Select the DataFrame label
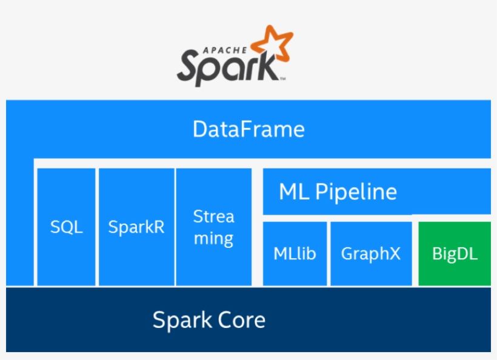pyautogui.click(x=248, y=130)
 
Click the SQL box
pyautogui.click(x=66, y=227)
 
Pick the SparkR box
pyautogui.click(x=136, y=227)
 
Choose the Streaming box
pyautogui.click(x=213, y=227)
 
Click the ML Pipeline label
pyautogui.click(x=338, y=192)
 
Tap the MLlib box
pyautogui.click(x=295, y=253)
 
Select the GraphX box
pyautogui.click(x=370, y=253)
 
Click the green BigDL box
pyautogui.click(x=455, y=253)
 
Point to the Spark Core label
pyautogui.click(x=208, y=320)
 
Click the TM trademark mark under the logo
pyautogui.click(x=282, y=79)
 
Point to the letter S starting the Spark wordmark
pyautogui.click(x=188, y=67)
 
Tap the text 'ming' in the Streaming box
pyautogui.click(x=213, y=239)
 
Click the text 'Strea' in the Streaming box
pyautogui.click(x=213, y=216)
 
